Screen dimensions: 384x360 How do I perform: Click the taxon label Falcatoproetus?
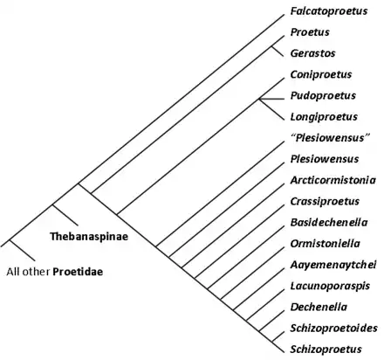(x=329, y=11)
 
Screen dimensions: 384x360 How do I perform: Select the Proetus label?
(x=310, y=32)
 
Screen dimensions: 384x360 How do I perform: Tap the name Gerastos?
(x=312, y=53)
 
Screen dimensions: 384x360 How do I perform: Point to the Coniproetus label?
(x=321, y=74)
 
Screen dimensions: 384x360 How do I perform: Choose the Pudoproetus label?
(x=323, y=95)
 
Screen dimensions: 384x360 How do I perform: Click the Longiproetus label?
(x=324, y=117)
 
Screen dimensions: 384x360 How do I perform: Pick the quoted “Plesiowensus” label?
(x=330, y=137)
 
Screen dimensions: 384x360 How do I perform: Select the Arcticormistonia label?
(x=333, y=180)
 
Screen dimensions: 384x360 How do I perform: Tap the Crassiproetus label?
(x=325, y=201)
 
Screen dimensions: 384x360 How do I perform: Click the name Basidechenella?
(x=329, y=223)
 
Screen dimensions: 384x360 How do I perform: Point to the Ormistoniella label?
(x=325, y=244)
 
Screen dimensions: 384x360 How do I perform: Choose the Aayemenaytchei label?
(x=333, y=265)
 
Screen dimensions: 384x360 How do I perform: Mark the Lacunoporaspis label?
(x=330, y=286)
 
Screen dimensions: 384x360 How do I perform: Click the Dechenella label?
(x=319, y=307)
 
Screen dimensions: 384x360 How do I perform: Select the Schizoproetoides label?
(x=333, y=329)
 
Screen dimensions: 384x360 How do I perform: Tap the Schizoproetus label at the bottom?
(x=326, y=350)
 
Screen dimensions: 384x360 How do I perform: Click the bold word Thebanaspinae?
(x=89, y=237)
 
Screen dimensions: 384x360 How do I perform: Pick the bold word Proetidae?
(x=78, y=272)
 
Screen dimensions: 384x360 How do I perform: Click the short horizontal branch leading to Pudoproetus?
(x=271, y=100)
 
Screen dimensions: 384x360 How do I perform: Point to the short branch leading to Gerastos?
(x=278, y=52)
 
